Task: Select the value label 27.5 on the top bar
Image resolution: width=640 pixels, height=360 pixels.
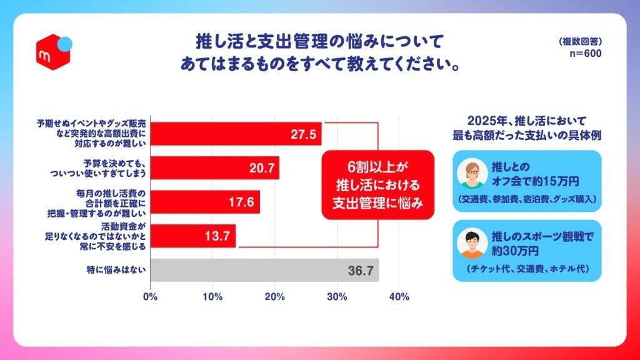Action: pos(305,134)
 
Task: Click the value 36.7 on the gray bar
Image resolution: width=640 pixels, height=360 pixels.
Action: pos(361,270)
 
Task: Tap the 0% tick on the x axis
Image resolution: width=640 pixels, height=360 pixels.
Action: pos(151,296)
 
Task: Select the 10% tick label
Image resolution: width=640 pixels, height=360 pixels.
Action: pos(213,296)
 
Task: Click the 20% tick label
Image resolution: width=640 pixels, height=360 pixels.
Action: pos(275,296)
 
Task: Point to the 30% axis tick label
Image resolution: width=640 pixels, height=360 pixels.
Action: pos(337,296)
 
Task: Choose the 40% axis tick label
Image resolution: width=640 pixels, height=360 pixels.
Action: pos(399,296)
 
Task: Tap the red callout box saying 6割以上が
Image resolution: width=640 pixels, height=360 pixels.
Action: pos(377,184)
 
